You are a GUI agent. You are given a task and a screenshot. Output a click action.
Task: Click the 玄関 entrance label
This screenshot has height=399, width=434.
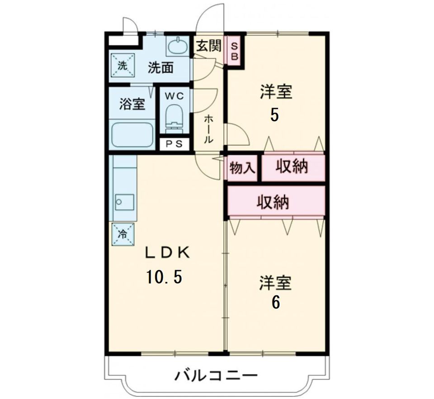(x=208, y=46)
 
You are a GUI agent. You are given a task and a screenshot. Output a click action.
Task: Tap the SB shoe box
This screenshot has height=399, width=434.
(x=235, y=51)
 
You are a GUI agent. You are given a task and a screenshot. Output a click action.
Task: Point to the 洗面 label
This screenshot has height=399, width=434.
(x=161, y=68)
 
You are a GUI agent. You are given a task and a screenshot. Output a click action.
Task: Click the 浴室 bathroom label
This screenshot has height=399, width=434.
(x=132, y=104)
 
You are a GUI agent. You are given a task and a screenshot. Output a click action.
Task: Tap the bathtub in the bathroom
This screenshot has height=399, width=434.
(x=132, y=134)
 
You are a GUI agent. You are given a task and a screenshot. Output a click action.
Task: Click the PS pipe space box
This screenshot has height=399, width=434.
(x=174, y=144)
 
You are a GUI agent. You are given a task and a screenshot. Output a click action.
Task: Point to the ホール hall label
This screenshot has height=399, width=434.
(x=208, y=129)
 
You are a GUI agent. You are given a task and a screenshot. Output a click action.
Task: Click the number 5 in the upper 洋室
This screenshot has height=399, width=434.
(x=274, y=116)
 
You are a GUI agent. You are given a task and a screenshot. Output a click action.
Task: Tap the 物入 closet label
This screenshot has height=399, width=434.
(x=243, y=168)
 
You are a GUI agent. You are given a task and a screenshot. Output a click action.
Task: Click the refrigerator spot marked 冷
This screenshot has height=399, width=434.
(x=123, y=234)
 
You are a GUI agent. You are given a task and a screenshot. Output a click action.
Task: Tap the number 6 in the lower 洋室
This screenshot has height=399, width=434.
(x=275, y=302)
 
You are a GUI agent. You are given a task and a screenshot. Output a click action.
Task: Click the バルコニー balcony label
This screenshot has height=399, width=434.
(x=216, y=375)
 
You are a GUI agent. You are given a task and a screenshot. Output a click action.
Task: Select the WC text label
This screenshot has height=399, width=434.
(x=175, y=96)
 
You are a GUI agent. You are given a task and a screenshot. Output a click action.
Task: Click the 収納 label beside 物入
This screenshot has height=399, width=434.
(x=292, y=167)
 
